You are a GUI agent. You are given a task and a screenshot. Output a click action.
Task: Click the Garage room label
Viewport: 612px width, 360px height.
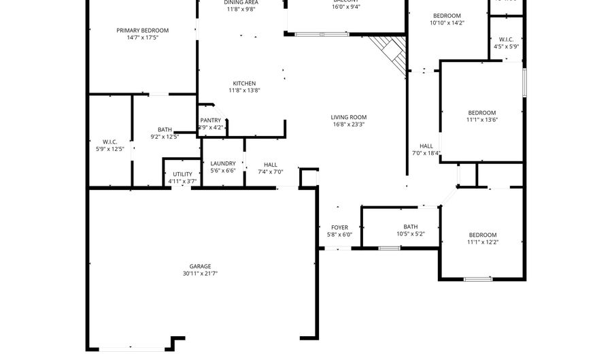click(200, 266)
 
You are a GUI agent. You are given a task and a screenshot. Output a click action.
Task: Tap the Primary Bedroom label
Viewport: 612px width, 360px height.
click(142, 30)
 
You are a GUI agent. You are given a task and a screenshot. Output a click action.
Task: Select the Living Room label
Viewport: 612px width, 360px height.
click(349, 117)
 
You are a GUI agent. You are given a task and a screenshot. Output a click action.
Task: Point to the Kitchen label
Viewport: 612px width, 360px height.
click(244, 83)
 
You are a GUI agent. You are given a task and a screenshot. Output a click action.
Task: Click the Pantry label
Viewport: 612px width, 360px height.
click(210, 120)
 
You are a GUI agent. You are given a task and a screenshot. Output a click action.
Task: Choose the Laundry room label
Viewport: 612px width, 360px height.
click(223, 163)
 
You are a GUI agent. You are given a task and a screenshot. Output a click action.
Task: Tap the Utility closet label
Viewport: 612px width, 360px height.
click(182, 174)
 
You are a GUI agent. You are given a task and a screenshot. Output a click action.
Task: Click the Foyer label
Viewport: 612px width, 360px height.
click(339, 227)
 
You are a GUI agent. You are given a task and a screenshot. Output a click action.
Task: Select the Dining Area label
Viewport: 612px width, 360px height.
click(241, 3)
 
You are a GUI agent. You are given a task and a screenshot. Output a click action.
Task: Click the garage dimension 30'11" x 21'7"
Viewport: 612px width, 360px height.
click(200, 274)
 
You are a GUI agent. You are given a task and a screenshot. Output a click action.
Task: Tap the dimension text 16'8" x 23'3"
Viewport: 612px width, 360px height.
click(349, 125)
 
